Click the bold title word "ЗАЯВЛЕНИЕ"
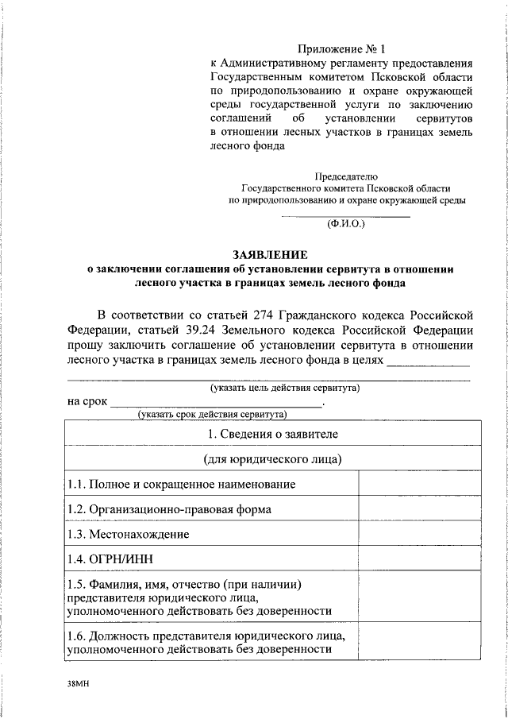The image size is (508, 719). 269,254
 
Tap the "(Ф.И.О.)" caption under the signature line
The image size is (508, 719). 346,225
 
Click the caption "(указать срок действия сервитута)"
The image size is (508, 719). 212,414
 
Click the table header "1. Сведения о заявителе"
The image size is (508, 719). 272,434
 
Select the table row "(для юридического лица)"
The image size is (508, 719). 272,459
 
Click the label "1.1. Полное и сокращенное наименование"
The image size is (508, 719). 182,484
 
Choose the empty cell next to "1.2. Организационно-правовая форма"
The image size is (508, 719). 420,509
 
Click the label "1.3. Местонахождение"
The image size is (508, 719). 128,534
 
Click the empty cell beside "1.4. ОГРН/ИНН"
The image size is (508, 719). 420,559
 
